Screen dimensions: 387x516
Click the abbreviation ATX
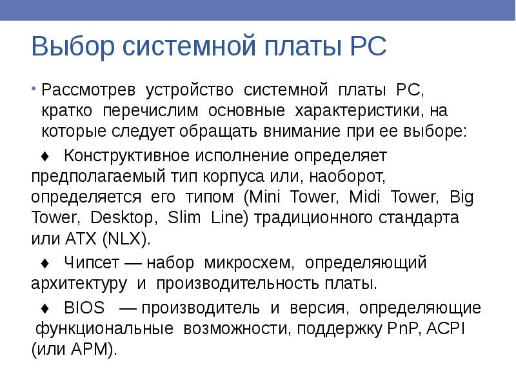click(78, 238)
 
